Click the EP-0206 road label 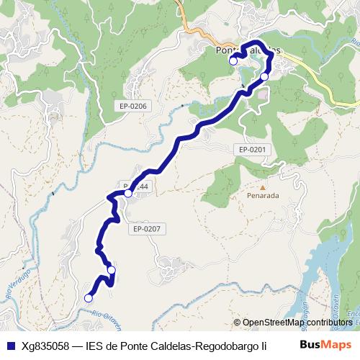pos(133,107)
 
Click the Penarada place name pos(263,195)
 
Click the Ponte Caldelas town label pos(248,50)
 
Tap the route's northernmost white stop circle pos(233,61)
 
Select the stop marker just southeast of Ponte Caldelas pos(264,76)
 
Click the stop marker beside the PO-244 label pos(128,193)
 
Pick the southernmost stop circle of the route pos(89,297)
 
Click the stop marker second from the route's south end pos(111,270)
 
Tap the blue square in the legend pos(9,345)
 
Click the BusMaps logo pos(325,344)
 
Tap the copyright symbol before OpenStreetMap pos(238,323)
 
